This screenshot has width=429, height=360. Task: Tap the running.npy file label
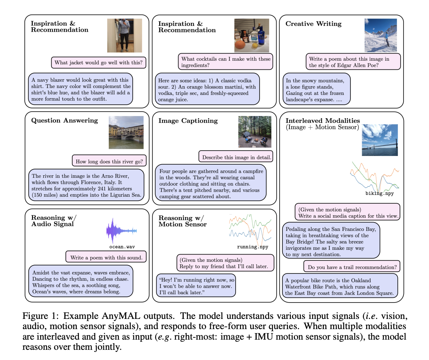[252, 247]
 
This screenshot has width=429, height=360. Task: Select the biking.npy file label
[380, 193]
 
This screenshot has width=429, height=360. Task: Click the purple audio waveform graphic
[121, 231]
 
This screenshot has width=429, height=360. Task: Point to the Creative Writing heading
[313, 24]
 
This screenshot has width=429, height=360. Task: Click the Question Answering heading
[65, 120]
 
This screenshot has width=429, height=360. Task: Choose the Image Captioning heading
[188, 121]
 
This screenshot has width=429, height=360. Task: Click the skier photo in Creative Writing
[381, 35]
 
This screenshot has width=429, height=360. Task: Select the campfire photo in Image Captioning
[254, 132]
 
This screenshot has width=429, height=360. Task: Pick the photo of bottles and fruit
[251, 35]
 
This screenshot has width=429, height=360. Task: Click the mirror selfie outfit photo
[124, 35]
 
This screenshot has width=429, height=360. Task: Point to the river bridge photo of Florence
[126, 132]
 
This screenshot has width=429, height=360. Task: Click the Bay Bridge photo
[380, 140]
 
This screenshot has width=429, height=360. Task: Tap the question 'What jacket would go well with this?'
[99, 63]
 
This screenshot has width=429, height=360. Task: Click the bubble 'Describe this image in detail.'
[236, 157]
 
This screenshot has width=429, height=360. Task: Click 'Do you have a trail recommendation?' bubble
[352, 267]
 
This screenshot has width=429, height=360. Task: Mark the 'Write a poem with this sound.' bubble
[106, 257]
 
